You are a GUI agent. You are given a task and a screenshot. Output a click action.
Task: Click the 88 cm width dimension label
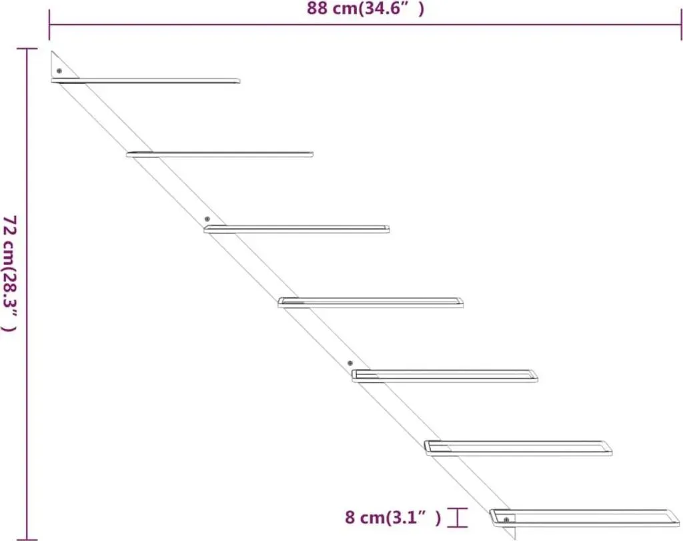365,8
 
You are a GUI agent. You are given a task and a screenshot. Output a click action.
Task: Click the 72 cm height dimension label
9,273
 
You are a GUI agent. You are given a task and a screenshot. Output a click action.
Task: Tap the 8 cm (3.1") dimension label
393,517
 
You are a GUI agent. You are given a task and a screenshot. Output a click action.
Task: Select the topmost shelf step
145,81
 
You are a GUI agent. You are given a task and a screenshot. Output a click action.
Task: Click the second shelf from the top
220,154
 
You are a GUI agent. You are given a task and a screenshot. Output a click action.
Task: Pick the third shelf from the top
297,229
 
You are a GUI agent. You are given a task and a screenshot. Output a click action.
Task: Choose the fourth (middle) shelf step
371,302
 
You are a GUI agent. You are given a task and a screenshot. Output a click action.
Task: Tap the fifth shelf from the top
445,376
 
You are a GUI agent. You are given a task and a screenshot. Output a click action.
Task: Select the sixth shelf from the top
518,448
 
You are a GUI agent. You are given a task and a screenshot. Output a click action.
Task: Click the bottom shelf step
584,518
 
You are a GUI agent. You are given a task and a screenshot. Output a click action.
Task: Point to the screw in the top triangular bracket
59,71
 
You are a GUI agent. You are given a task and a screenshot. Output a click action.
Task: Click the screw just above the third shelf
207,219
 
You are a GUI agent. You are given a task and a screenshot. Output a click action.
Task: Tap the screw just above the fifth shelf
350,363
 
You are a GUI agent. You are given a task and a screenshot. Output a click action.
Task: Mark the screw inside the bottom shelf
506,520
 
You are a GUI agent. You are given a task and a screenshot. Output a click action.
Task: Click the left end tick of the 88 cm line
49,25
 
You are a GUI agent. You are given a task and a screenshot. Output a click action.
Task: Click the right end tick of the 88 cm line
681,25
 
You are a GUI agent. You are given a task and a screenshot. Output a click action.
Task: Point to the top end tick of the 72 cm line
27,49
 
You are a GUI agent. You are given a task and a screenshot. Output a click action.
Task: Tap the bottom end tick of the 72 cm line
27,540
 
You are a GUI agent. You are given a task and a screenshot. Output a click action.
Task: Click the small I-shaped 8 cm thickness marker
457,518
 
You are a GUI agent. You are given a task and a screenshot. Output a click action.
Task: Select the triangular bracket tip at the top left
51,51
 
